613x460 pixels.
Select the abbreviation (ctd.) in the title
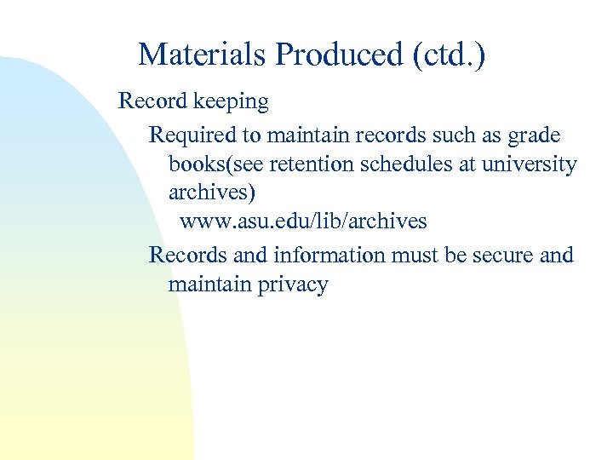coord(449,55)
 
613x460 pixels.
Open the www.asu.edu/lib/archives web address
coord(303,221)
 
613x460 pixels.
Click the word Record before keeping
coord(152,101)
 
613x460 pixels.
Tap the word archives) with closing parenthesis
coord(211,193)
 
